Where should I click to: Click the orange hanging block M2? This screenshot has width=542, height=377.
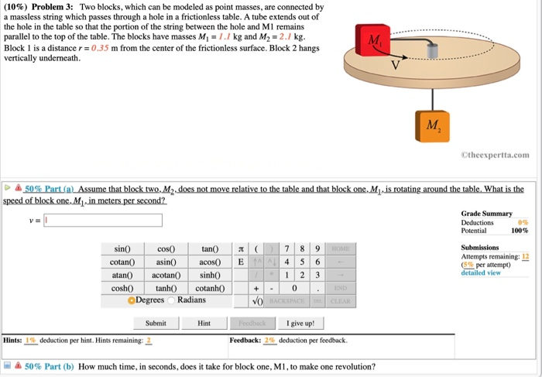coord(431,125)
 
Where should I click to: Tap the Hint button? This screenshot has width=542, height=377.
coord(204,323)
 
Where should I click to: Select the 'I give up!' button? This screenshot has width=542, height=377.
coord(300,323)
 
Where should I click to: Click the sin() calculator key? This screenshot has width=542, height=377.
coord(123,249)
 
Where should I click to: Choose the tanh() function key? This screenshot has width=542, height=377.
coord(166,287)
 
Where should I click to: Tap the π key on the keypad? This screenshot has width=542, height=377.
coord(242,249)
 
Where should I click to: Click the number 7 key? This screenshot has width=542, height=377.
coord(286,249)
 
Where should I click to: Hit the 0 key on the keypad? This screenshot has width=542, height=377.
coord(295,287)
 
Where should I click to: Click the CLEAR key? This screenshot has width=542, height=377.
coord(341,300)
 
